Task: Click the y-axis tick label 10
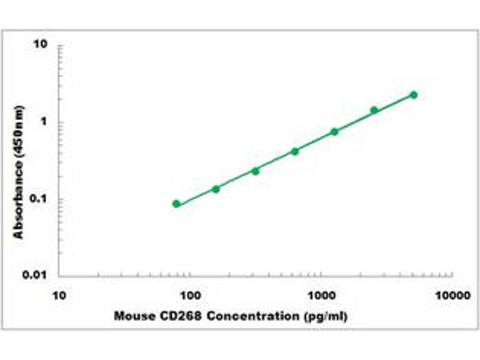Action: [x=42, y=46]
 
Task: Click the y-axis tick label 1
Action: [x=45, y=122]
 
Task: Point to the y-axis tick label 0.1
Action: [x=40, y=199]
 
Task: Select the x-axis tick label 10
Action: [x=59, y=295]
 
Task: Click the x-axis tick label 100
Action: [x=190, y=295]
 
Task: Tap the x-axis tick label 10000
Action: [x=452, y=295]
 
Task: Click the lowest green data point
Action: [x=176, y=204]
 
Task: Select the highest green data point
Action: [x=413, y=95]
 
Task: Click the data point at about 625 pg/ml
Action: [x=295, y=151]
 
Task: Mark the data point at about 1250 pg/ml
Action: [x=334, y=131]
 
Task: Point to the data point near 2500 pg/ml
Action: [x=374, y=110]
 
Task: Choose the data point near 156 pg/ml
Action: [x=216, y=189]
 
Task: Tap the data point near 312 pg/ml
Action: [x=256, y=171]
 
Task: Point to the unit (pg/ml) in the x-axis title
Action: [x=328, y=316]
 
